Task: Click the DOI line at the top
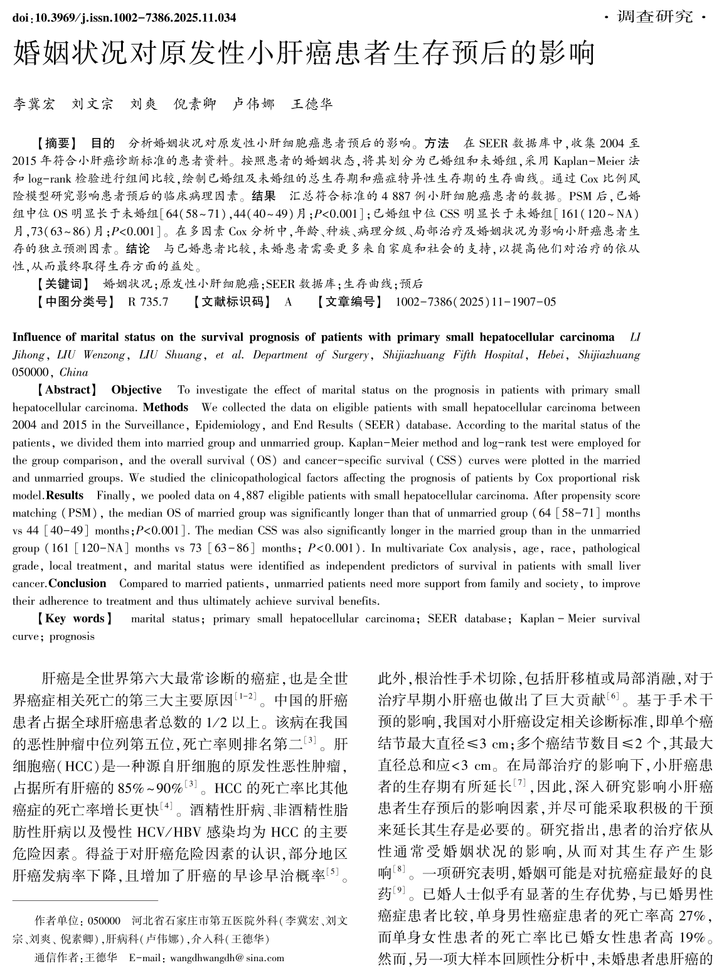point(124,18)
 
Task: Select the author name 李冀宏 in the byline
point(35,104)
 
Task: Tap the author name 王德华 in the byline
point(312,104)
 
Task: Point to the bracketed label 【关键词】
point(65,284)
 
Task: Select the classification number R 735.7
point(148,302)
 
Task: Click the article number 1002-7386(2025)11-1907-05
point(476,302)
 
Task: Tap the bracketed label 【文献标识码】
point(232,302)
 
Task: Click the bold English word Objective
point(136,390)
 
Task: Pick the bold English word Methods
point(166,407)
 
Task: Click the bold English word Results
point(65,495)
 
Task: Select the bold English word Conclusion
point(77,583)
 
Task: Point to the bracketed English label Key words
point(75,618)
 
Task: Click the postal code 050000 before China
point(30,372)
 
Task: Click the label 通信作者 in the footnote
point(55,958)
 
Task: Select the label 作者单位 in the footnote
point(55,921)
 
